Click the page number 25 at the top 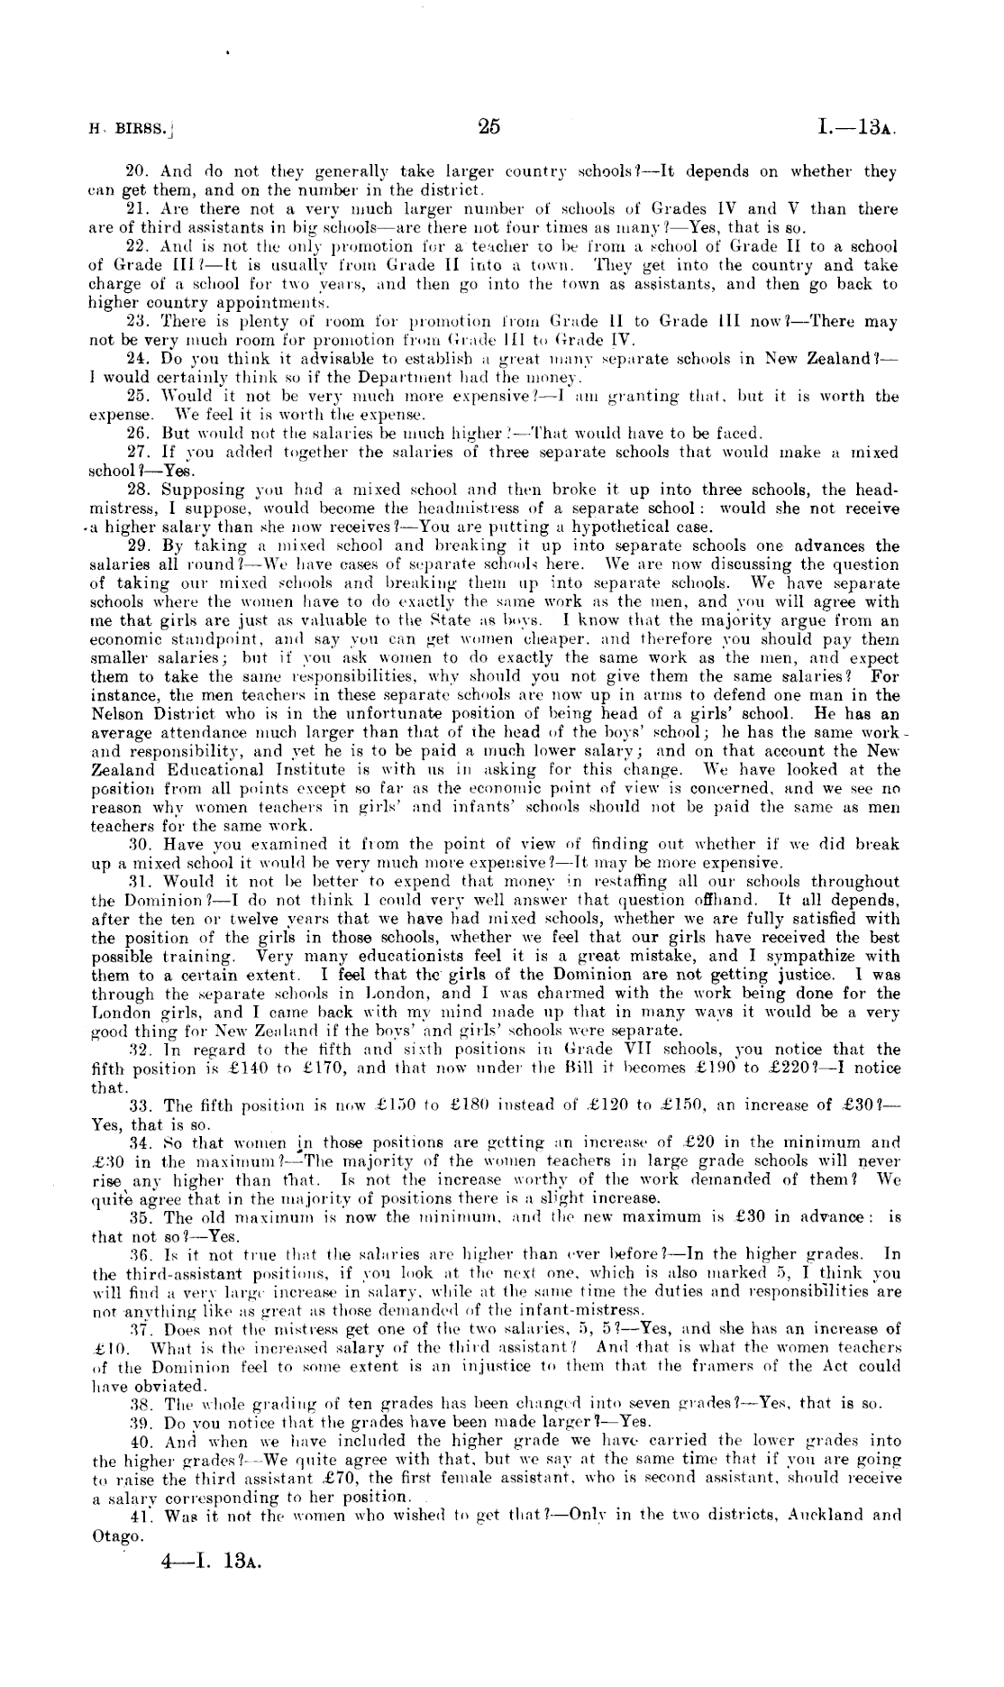pyautogui.click(x=489, y=127)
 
